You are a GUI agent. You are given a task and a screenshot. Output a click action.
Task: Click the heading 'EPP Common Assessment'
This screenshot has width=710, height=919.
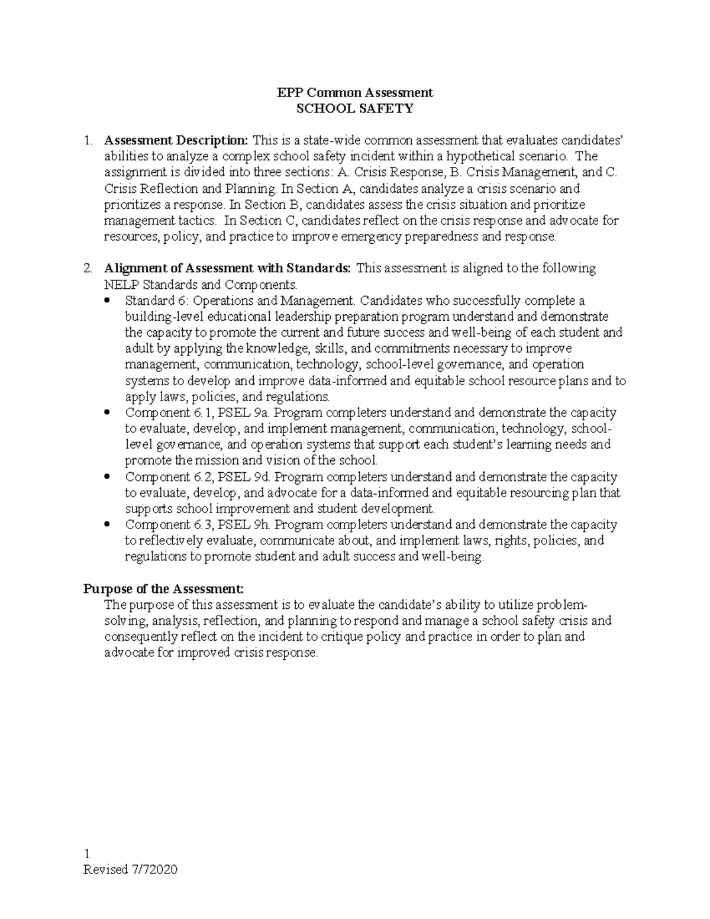355,92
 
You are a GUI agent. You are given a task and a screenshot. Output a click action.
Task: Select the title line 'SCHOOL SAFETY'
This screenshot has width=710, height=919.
355,108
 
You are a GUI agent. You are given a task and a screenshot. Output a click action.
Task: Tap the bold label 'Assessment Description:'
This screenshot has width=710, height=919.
176,140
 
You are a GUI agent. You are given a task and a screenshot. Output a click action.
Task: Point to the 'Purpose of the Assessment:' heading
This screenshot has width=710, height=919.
163,589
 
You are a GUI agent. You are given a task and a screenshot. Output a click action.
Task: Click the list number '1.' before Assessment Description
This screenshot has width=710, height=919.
88,141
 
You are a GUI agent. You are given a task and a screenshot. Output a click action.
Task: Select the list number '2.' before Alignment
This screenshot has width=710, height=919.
88,269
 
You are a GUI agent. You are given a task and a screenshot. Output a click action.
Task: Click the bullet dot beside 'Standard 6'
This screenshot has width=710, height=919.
106,301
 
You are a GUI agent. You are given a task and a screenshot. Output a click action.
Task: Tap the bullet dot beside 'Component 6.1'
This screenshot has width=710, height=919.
106,413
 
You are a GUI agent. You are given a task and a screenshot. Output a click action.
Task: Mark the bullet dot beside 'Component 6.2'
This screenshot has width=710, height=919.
106,477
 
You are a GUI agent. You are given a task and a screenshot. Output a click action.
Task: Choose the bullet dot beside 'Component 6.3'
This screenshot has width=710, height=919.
106,525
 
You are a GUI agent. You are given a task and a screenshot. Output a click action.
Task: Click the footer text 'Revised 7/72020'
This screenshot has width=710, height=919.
131,869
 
